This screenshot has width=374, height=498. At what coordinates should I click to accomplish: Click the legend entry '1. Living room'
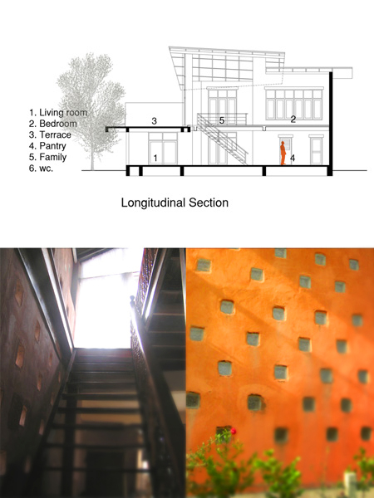click(x=58, y=112)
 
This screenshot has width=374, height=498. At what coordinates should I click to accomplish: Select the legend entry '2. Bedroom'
click(x=53, y=124)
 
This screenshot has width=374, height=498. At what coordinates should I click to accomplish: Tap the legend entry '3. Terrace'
click(x=50, y=134)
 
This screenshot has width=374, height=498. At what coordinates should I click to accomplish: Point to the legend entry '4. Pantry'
click(x=47, y=146)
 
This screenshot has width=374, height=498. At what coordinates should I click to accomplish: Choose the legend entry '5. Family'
click(x=47, y=157)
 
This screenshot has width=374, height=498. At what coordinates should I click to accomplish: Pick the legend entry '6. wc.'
click(x=41, y=168)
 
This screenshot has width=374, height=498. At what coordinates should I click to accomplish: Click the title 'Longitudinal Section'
click(x=175, y=203)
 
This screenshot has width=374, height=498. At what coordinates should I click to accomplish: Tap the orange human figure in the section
click(x=283, y=153)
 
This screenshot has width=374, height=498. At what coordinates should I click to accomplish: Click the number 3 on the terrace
click(x=155, y=121)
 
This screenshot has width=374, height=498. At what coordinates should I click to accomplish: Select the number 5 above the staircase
click(x=222, y=120)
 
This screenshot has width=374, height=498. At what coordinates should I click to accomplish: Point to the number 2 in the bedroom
click(x=293, y=119)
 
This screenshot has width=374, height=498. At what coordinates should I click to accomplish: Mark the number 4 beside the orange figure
click(x=293, y=158)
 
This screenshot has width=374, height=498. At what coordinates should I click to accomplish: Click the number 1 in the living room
click(x=155, y=158)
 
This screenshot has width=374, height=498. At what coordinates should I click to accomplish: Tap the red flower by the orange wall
click(x=234, y=431)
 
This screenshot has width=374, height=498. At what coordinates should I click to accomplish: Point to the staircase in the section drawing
click(x=223, y=139)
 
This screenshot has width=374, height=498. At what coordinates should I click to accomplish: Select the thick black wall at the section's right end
click(x=331, y=124)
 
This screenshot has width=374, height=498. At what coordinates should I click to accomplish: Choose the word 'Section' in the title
click(x=209, y=203)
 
